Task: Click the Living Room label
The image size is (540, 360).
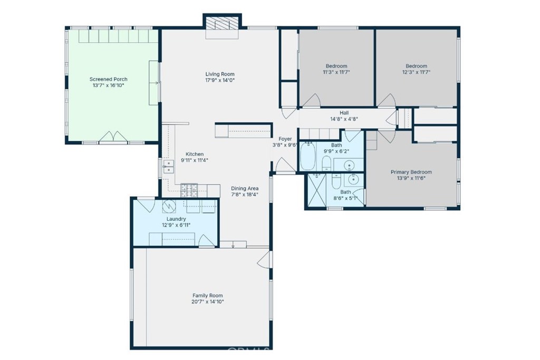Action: (x=220, y=74)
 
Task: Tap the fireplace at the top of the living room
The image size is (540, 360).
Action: (x=222, y=23)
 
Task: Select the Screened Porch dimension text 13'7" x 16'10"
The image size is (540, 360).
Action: (x=108, y=85)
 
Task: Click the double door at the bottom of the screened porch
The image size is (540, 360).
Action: (x=113, y=137)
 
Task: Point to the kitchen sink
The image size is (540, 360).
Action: (x=168, y=167)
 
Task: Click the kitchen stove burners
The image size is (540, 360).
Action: (x=189, y=190)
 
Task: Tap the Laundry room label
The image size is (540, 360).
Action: (x=176, y=219)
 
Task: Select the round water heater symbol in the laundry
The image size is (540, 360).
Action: (x=169, y=207)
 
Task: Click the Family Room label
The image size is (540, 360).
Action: (x=207, y=295)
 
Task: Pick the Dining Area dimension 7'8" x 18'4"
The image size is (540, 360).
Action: (x=245, y=194)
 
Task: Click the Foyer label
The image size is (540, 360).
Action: (x=285, y=139)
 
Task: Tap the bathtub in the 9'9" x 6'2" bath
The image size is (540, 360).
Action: (x=307, y=157)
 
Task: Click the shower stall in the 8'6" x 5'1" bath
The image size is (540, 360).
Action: (x=316, y=190)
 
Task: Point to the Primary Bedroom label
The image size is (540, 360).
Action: (x=411, y=172)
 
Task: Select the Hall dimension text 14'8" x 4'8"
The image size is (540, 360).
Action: (x=344, y=119)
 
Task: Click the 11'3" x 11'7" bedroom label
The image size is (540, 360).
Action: (x=336, y=66)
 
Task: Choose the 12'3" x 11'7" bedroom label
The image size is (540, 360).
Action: (x=417, y=66)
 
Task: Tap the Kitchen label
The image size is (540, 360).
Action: (x=195, y=154)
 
